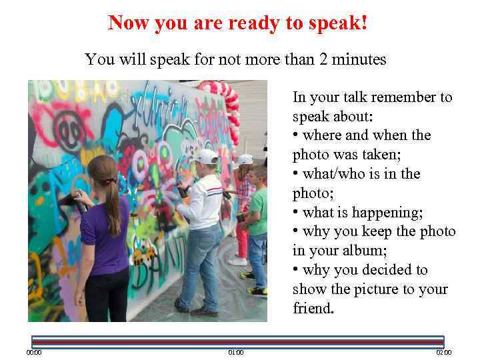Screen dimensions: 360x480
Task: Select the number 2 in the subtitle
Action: point(323,60)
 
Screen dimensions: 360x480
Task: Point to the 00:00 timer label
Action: point(33,352)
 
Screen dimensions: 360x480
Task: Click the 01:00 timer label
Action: point(236,352)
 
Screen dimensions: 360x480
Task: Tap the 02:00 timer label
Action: point(444,352)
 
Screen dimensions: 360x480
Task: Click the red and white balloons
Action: point(228,107)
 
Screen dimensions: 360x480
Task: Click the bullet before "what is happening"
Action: point(295,213)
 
